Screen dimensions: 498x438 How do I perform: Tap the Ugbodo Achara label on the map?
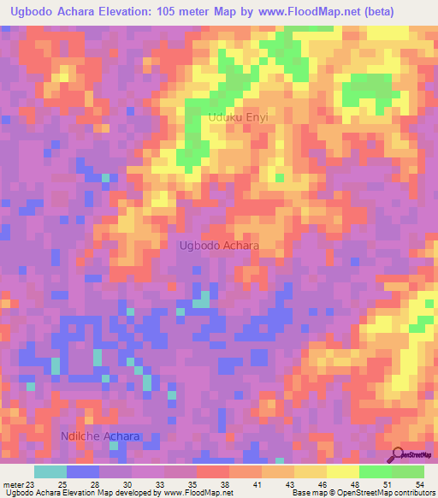[x=219, y=246]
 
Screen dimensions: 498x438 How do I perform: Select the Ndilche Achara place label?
[x=100, y=436]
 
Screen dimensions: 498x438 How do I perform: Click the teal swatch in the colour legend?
[x=50, y=471]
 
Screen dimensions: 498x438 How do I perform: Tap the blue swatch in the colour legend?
[x=83, y=471]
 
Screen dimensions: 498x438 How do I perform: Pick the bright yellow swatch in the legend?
[x=343, y=471]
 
